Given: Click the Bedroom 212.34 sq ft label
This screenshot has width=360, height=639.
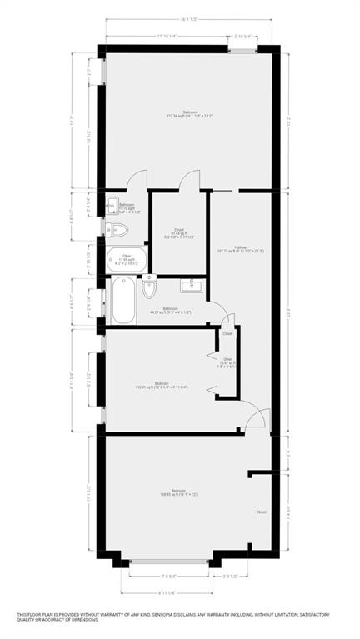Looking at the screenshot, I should (x=190, y=114).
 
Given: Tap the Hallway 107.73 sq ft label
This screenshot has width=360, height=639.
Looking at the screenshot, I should (x=241, y=248).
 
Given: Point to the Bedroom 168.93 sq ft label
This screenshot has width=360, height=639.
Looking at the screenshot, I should (x=178, y=492).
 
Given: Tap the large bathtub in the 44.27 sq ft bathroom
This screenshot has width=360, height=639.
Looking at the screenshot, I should (x=122, y=302).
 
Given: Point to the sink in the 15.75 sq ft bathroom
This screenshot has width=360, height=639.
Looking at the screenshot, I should (x=110, y=207).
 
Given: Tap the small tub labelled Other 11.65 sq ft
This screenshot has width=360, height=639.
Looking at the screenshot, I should (x=126, y=259).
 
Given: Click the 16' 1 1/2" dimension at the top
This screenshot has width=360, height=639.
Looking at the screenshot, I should (x=192, y=20).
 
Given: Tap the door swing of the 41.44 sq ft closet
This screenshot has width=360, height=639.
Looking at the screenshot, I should (x=190, y=180).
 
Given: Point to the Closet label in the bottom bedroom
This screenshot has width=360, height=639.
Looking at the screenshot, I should (x=261, y=512).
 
